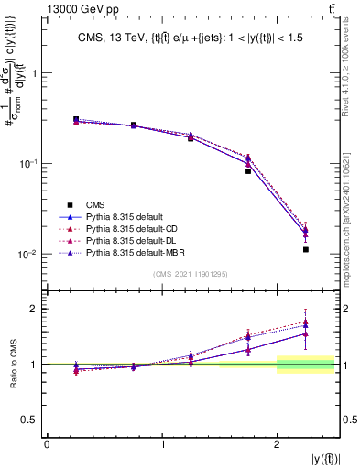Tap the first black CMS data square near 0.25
pyautogui.click(x=76, y=119)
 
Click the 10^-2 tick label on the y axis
pyautogui.click(x=30, y=255)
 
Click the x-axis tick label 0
pyautogui.click(x=47, y=444)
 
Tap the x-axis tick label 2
pyautogui.click(x=277, y=444)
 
